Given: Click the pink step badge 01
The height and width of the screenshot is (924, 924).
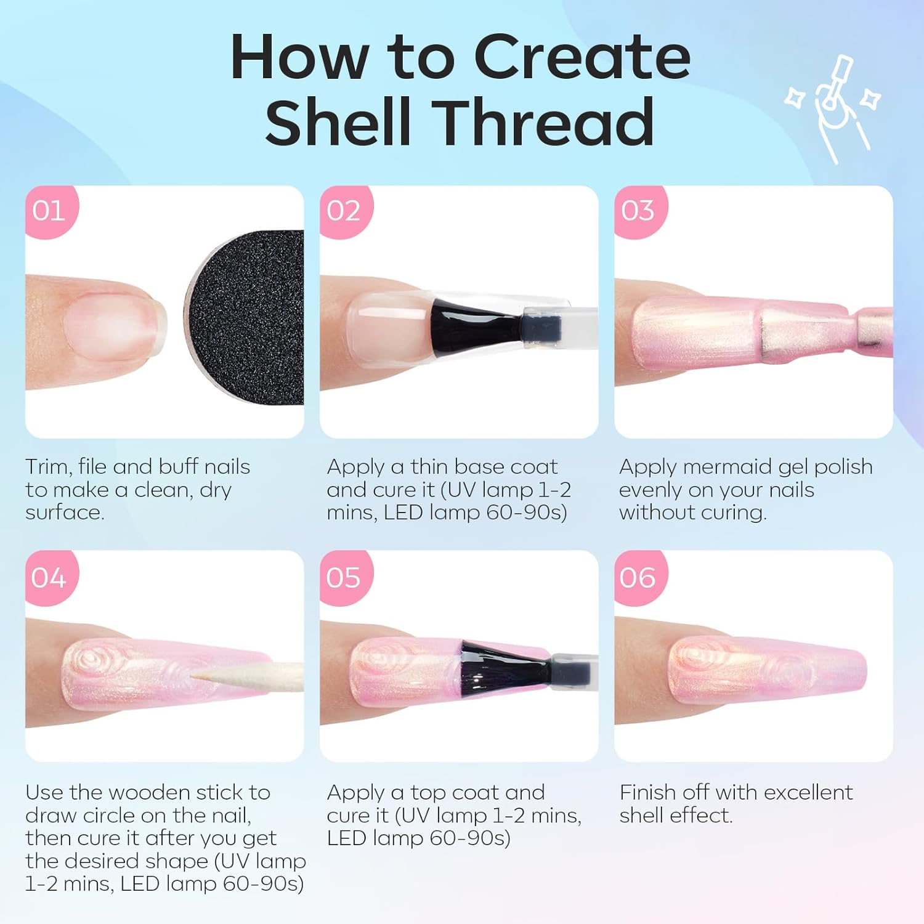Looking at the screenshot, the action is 51,211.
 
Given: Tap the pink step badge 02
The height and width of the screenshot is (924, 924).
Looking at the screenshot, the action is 345,211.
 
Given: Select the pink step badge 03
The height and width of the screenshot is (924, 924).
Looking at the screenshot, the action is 639,211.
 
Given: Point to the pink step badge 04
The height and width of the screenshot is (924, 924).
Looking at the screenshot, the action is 51,577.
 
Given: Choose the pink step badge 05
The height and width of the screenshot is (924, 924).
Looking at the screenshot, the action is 345,577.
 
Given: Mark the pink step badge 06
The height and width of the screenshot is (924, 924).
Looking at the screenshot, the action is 639,577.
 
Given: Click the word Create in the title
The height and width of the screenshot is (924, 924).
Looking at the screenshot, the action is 582,57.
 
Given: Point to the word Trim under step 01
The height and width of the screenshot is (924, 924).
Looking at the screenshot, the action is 49,466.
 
